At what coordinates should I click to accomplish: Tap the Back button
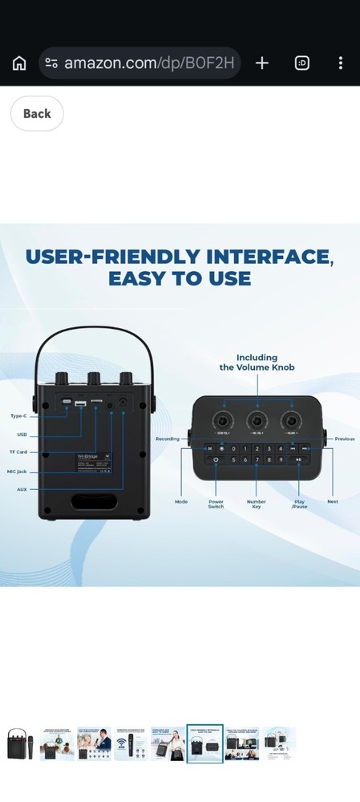click(37, 114)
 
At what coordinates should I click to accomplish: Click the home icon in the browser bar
click(19, 63)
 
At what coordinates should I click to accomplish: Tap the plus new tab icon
click(261, 63)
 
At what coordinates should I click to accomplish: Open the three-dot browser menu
click(341, 63)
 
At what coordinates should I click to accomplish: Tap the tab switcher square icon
click(302, 63)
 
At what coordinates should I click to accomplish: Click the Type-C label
click(18, 416)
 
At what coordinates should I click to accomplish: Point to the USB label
click(22, 435)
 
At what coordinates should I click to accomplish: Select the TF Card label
click(19, 452)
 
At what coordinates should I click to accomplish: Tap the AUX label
click(22, 488)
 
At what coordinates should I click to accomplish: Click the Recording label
click(168, 439)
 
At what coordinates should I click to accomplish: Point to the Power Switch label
click(216, 504)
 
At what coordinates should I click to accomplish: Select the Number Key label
click(257, 504)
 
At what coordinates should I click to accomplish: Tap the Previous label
click(345, 439)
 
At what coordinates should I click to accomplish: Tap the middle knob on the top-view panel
click(257, 420)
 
